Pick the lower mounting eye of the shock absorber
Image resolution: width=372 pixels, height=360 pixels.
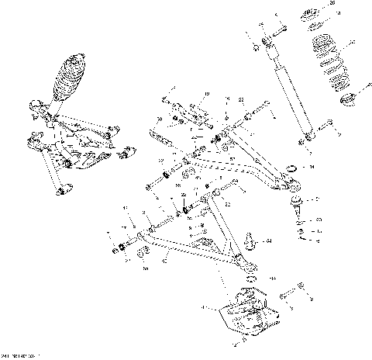[308, 137]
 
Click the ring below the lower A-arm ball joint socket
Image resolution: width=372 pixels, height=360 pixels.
[249, 277]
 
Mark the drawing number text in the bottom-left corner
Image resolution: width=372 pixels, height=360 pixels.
[19, 356]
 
